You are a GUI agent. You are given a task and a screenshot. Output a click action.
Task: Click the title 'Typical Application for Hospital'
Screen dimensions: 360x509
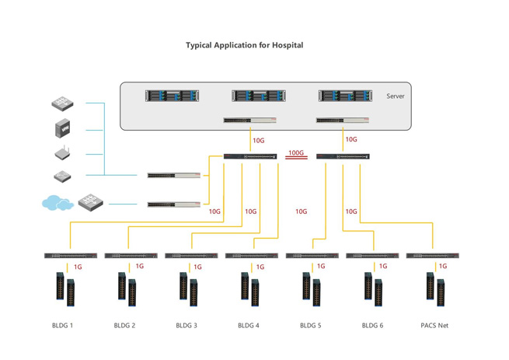[x=244, y=45]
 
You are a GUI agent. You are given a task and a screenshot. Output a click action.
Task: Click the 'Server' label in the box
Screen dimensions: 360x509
[x=395, y=96]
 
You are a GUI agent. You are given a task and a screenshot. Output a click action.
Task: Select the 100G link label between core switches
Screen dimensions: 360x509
[x=296, y=153]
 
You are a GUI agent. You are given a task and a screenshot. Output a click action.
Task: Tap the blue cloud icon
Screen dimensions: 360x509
[x=56, y=204]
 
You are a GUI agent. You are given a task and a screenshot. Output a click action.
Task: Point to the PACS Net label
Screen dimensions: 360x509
[x=433, y=325]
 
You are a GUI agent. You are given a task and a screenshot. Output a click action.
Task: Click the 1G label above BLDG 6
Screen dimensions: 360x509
[x=382, y=266]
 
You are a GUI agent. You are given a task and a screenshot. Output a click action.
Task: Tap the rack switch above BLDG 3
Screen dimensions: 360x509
[x=191, y=255]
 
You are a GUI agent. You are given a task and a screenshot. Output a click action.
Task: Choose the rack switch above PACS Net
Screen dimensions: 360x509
[x=433, y=255]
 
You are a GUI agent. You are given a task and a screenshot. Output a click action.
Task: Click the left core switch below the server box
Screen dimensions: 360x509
[x=250, y=156]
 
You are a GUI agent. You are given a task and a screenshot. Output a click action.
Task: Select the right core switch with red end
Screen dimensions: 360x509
[x=343, y=156]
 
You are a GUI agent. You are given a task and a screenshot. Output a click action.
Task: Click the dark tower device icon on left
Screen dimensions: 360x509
[x=63, y=128]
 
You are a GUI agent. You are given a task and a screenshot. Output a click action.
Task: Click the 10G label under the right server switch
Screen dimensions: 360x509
[x=351, y=140]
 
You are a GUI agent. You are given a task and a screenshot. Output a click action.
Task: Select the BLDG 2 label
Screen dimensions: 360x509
[x=124, y=325]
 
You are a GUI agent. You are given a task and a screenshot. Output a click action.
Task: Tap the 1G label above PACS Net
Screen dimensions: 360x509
[x=443, y=266]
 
